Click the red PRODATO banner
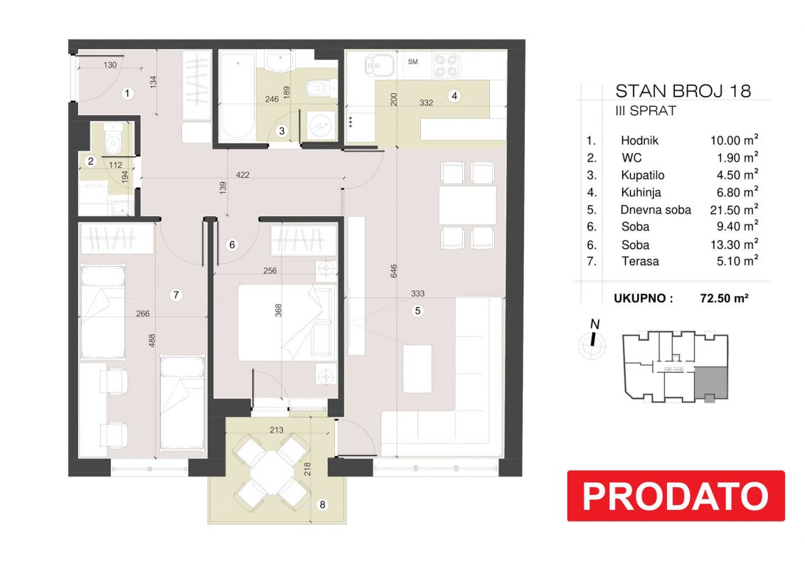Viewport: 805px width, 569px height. (676, 496)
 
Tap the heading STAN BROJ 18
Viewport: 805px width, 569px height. (683, 91)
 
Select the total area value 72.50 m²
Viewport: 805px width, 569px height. (724, 298)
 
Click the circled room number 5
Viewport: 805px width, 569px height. (417, 311)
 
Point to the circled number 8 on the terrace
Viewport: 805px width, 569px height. (322, 504)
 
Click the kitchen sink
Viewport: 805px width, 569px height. (380, 65)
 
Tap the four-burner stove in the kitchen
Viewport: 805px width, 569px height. (446, 65)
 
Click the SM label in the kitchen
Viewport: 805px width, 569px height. (412, 62)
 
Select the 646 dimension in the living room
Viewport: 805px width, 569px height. (394, 271)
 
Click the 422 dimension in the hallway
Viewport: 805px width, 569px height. (242, 174)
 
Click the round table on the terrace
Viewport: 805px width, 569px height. (271, 470)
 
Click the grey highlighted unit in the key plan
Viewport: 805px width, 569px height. (711, 383)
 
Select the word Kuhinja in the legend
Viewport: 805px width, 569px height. (641, 193)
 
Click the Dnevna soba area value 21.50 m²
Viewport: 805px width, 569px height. (734, 210)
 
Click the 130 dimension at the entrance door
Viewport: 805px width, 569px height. (110, 65)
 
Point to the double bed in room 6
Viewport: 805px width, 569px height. (287, 323)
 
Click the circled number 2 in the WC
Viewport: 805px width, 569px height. (91, 161)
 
